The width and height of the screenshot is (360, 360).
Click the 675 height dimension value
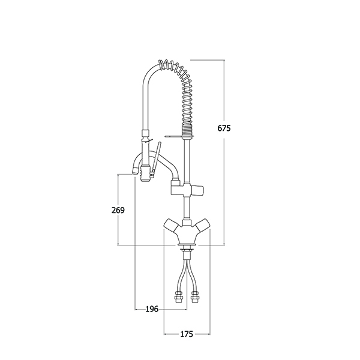pyautogui.click(x=224, y=128)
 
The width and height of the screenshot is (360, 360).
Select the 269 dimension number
pyautogui.click(x=118, y=210)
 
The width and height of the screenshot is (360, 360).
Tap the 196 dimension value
pyautogui.click(x=152, y=309)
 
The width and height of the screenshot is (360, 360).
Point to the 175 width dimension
pyautogui.click(x=187, y=334)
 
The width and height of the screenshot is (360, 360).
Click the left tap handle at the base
pyautogui.click(x=172, y=224)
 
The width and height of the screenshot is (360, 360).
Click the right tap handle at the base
pyautogui.click(x=203, y=224)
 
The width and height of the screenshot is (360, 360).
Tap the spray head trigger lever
pyautogui.click(x=155, y=158)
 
